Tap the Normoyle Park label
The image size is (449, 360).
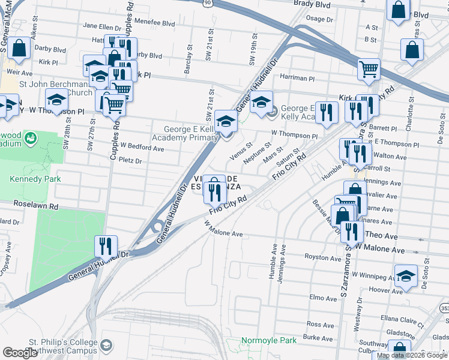269,340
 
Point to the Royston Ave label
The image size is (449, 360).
323,259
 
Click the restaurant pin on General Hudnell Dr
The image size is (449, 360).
106,246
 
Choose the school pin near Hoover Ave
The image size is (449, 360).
406,276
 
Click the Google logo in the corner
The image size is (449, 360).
20,353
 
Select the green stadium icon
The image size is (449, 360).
30,139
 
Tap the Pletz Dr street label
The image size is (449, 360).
130,161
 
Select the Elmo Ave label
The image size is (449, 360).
324,298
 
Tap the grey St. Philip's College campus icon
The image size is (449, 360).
106,345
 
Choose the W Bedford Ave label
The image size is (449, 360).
142,145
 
